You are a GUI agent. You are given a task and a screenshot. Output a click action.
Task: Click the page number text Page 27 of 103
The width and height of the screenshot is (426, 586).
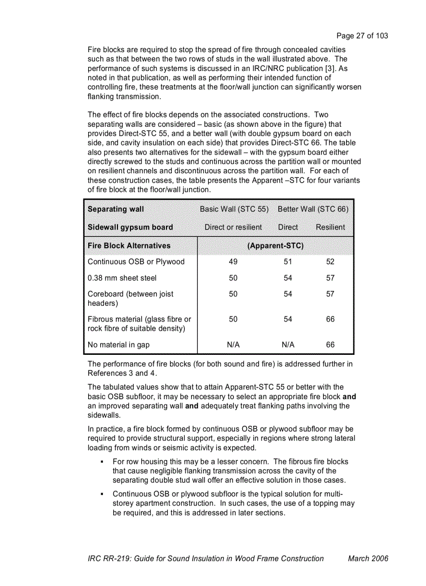point(362,36)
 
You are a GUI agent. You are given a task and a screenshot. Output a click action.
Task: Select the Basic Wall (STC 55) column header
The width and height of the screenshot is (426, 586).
point(234,209)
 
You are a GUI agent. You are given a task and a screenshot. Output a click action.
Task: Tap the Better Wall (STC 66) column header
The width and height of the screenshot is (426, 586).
point(313,209)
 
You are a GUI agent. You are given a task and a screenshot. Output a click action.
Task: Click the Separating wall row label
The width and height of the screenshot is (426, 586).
point(115,209)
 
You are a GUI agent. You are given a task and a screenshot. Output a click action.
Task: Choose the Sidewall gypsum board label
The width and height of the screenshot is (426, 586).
point(130,227)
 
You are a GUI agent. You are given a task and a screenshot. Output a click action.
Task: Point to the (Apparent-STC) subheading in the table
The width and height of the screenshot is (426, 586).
point(275,245)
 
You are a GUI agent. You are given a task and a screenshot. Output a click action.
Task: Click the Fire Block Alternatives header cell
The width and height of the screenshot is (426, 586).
point(129,245)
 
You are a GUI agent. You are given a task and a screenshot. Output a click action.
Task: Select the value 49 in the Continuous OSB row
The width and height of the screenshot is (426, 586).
point(233,262)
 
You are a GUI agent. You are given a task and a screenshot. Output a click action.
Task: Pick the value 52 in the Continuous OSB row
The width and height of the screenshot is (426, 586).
point(330,262)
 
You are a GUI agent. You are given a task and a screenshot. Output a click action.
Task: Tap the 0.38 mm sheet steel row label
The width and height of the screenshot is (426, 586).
point(122,278)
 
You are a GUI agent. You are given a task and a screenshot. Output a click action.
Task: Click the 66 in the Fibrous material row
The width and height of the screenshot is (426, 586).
point(330,319)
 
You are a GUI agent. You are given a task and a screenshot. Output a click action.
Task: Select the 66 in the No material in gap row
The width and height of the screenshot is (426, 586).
point(330,345)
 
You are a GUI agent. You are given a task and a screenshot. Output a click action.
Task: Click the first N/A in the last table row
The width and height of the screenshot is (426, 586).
point(233,345)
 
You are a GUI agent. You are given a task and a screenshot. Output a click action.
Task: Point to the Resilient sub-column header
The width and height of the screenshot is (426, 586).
point(330,227)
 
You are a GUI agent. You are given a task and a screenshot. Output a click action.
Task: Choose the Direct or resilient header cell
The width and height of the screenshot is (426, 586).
point(233,227)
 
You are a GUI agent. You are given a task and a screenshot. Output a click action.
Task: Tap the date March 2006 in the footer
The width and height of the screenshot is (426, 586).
point(368,558)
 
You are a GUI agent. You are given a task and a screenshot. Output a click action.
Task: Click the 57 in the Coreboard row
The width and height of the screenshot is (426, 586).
point(330,294)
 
